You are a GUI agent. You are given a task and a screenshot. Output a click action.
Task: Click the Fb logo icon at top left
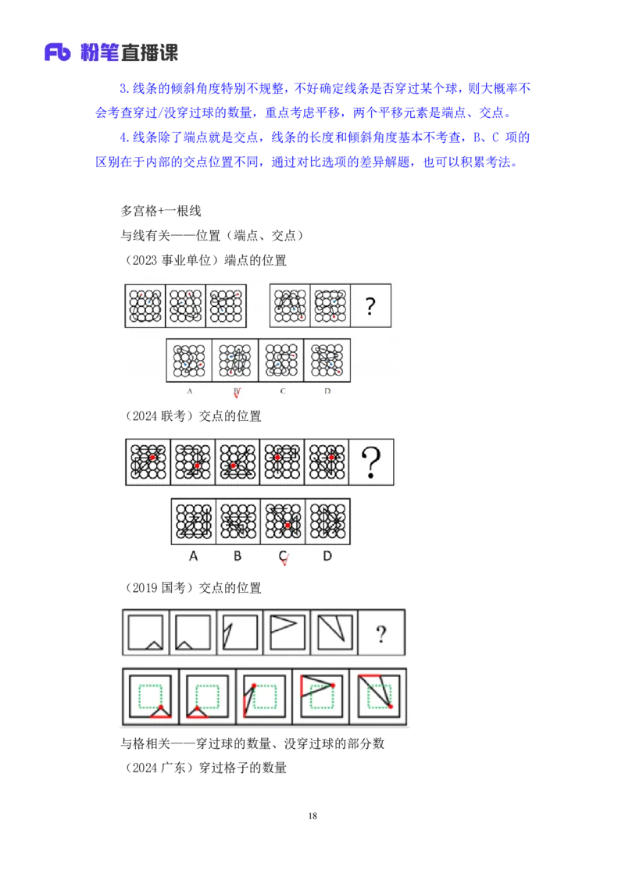point(58,53)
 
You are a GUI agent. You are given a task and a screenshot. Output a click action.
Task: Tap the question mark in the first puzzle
point(370,306)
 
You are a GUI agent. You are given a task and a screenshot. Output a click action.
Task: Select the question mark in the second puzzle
point(371,462)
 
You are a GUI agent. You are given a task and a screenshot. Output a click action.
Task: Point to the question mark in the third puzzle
point(380,633)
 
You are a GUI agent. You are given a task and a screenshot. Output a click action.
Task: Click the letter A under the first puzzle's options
point(190,390)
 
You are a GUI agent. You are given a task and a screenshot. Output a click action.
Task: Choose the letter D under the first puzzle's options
point(327,390)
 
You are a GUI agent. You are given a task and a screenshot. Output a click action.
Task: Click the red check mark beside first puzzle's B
point(237,394)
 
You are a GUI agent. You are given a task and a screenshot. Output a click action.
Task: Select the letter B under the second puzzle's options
point(237,556)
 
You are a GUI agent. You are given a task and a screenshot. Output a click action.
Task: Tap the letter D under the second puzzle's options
point(327,556)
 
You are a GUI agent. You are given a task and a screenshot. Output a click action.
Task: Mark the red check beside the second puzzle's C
point(284,559)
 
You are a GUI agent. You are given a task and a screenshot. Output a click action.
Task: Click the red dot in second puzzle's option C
point(287,526)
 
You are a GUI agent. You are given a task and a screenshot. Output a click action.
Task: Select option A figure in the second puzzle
point(194,522)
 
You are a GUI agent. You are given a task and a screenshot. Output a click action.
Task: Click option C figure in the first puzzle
point(281,360)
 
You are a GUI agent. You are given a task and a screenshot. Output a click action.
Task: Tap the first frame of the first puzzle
point(146,306)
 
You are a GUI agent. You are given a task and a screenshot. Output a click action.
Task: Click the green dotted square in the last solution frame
point(379,693)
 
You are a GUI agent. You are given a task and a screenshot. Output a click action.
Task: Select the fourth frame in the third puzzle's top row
point(287,632)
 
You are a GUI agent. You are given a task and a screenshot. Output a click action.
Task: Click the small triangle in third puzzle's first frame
point(155,645)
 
